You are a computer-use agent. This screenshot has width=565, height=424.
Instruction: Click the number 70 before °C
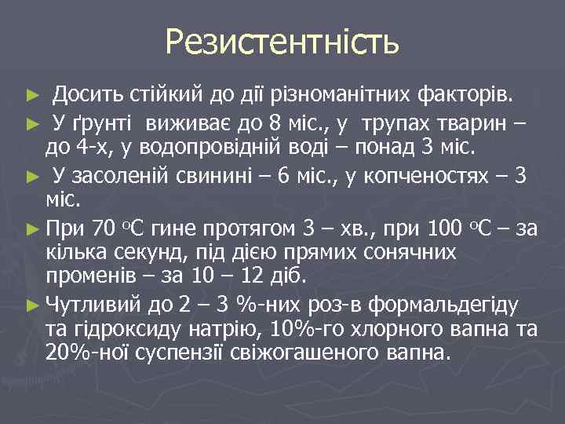[x=104, y=230]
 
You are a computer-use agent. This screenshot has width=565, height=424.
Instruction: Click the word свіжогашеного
[x=331, y=353]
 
